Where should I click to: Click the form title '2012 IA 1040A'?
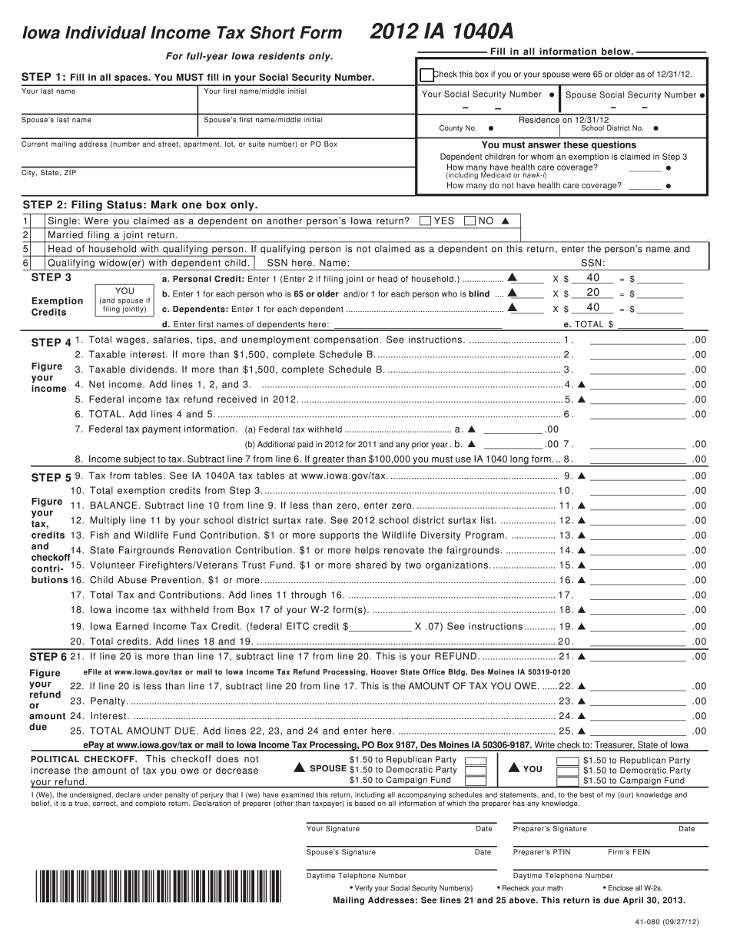click(x=442, y=31)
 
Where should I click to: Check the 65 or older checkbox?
click(x=426, y=75)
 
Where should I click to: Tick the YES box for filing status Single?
click(x=425, y=221)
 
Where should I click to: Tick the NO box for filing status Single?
click(x=470, y=221)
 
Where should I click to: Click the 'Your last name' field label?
click(x=48, y=91)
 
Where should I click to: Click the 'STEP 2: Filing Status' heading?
click(x=140, y=205)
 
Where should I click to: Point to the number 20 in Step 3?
click(x=592, y=293)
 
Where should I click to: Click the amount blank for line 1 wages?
click(x=637, y=340)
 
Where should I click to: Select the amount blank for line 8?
click(x=637, y=459)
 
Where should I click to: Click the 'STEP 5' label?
click(x=51, y=478)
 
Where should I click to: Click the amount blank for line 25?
click(x=637, y=731)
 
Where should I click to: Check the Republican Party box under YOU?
click(x=568, y=761)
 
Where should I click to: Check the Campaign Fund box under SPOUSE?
click(x=476, y=781)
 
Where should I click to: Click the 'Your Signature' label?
click(x=333, y=829)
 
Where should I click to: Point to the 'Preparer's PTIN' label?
click(x=542, y=852)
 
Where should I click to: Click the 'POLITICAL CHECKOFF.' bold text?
click(x=84, y=759)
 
